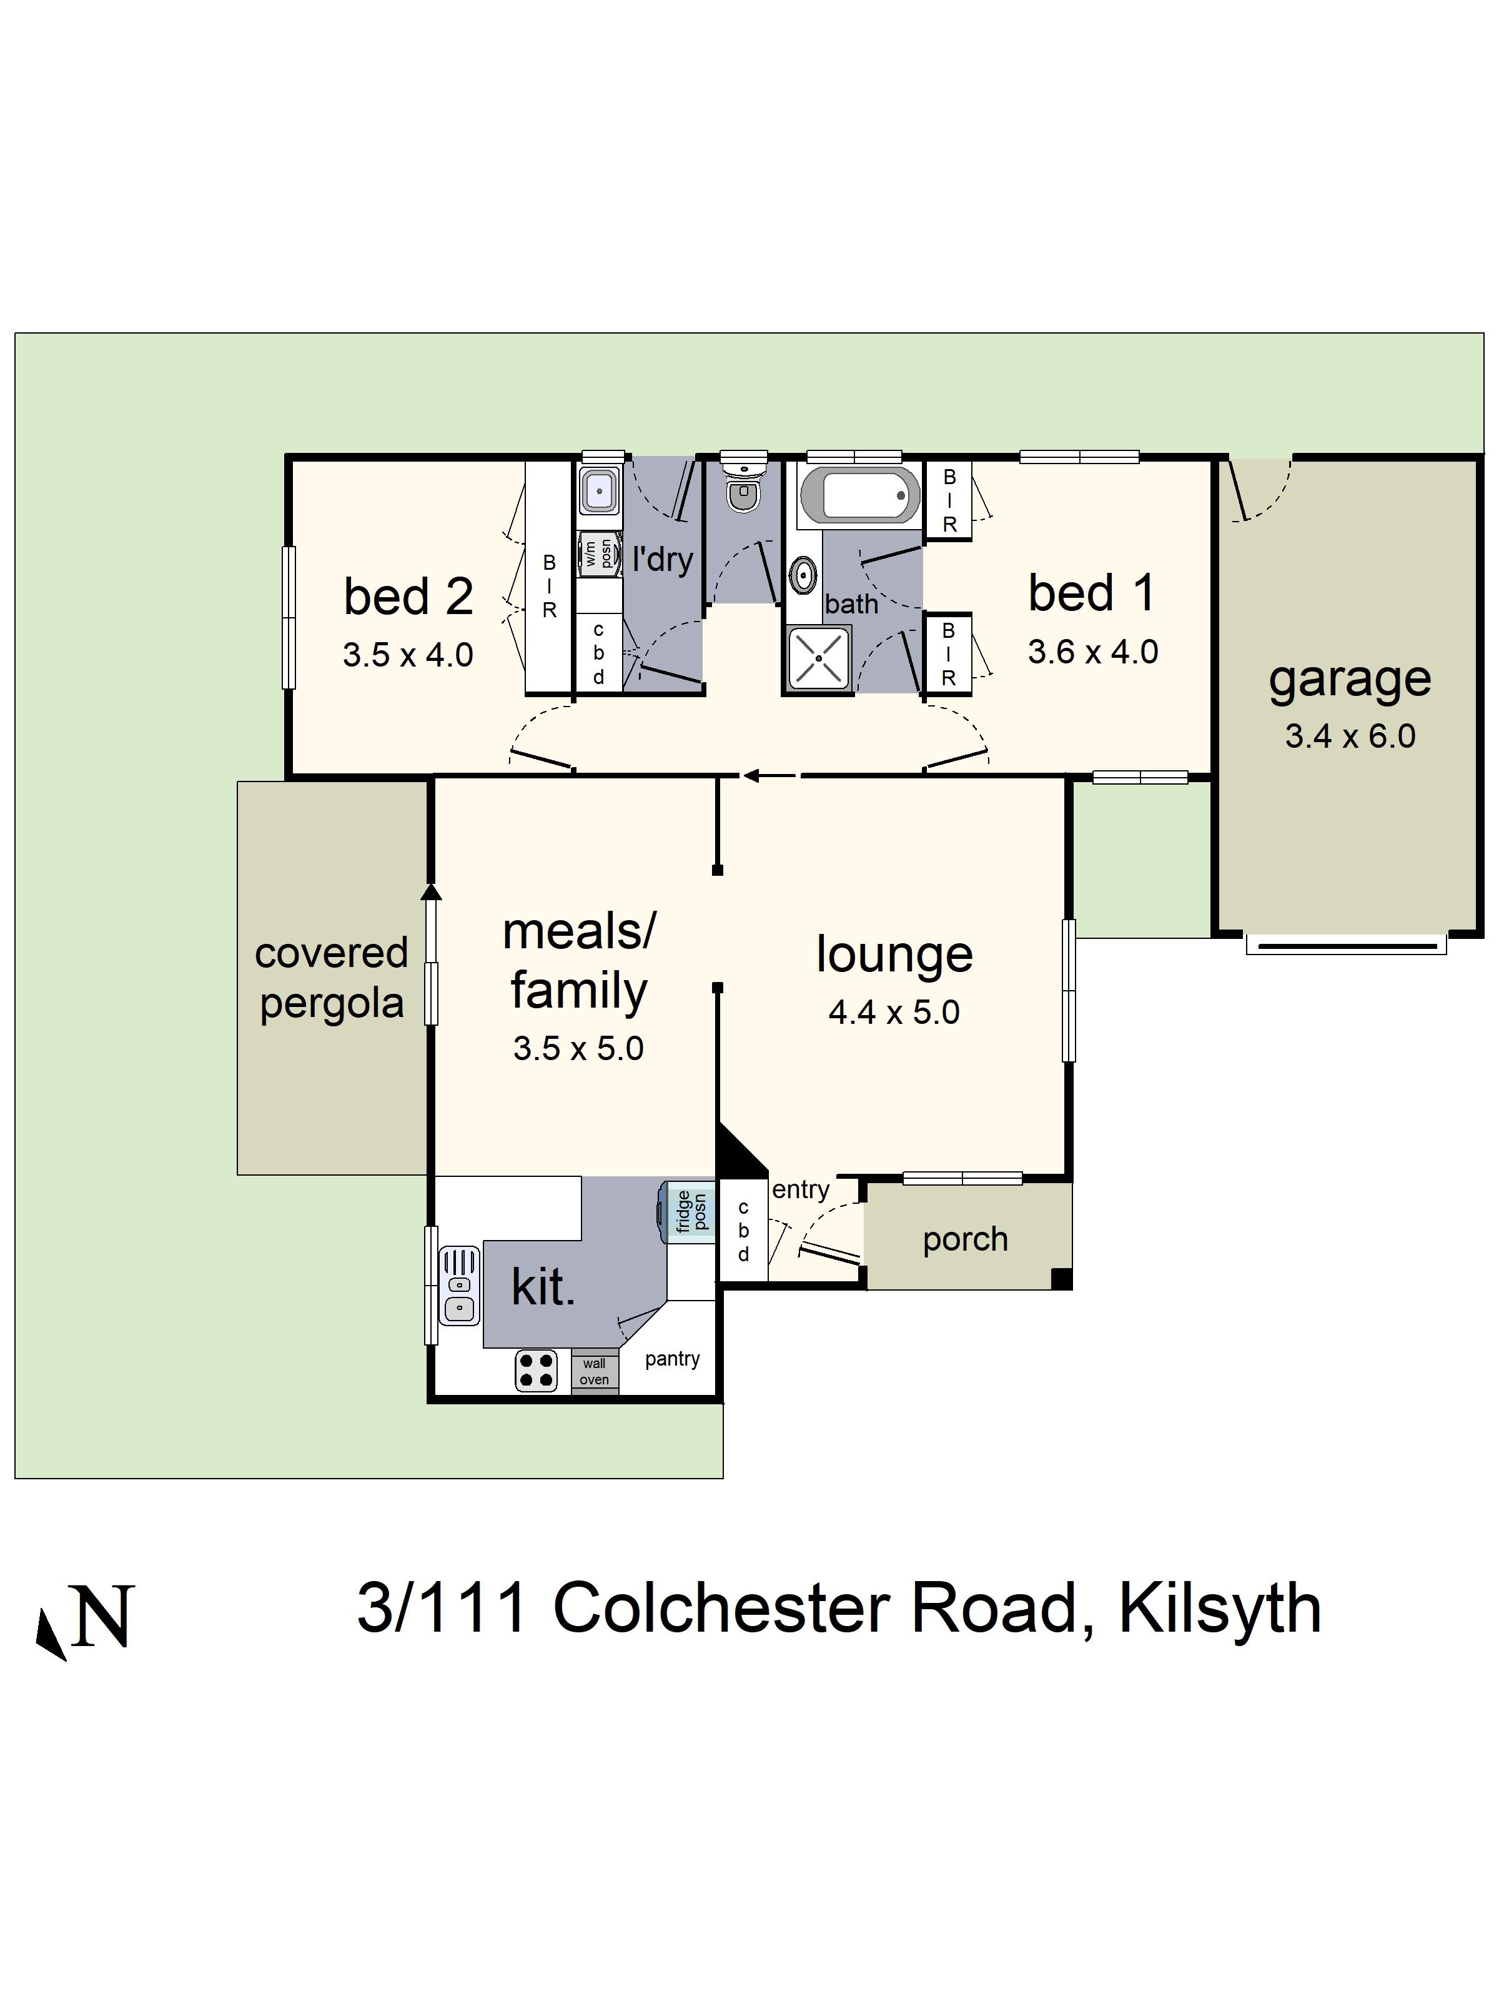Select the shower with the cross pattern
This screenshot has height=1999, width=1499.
[818, 658]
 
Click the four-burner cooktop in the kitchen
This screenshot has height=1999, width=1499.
[536, 1370]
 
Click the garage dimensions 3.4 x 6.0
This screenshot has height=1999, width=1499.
[1350, 737]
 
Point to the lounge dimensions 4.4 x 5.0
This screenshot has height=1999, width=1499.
[894, 1012]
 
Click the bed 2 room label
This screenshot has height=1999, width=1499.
[408, 597]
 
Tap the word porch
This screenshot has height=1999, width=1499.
[965, 1239]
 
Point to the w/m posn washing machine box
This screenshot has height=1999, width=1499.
[599, 552]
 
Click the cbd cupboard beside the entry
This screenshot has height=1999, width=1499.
[743, 1231]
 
